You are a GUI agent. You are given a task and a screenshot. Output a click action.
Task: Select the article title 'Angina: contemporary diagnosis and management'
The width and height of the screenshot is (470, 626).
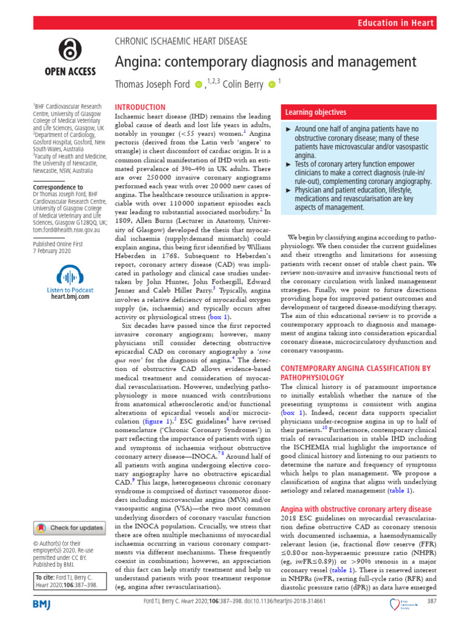click(266, 62)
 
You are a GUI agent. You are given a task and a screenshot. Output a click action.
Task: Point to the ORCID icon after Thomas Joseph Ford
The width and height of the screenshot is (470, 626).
click(198, 85)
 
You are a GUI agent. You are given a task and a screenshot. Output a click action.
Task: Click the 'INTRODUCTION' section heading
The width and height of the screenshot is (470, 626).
click(141, 107)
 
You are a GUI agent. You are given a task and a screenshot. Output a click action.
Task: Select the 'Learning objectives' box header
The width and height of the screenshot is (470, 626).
click(314, 112)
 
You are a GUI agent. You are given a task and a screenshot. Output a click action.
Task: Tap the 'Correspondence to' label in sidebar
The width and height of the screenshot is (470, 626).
click(58, 187)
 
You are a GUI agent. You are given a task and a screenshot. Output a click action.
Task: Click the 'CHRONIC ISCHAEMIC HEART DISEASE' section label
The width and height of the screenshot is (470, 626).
click(182, 42)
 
